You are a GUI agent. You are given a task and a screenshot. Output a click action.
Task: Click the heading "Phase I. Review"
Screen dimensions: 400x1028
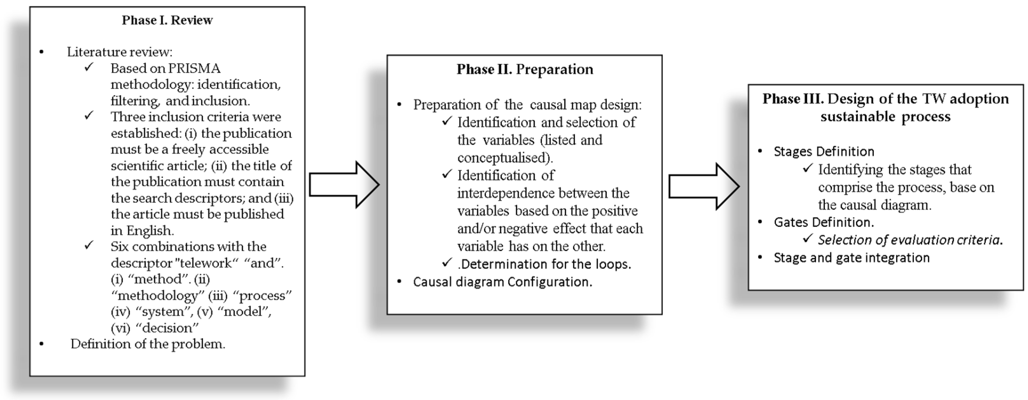coord(167,20)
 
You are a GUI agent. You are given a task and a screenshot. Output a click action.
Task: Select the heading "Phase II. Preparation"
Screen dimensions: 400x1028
coord(525,69)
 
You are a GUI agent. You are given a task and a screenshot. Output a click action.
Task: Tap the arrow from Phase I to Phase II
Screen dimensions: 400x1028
coord(344,184)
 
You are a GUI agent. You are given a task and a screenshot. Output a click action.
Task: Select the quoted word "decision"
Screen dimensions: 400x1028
coord(167,328)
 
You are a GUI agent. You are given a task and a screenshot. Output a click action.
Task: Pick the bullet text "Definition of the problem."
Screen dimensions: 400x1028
coord(148,344)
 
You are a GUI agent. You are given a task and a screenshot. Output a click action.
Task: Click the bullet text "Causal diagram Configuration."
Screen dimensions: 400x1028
coord(503,282)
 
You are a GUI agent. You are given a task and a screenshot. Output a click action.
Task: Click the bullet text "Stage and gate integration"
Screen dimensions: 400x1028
coord(852,258)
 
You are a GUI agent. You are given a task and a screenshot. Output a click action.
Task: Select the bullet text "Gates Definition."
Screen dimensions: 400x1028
coord(824,222)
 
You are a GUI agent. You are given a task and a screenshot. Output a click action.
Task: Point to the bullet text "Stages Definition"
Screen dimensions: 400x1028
coord(824,151)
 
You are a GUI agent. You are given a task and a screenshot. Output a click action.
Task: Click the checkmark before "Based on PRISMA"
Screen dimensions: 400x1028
coord(89,67)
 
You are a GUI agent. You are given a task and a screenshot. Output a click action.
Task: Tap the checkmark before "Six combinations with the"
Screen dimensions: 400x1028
coord(89,245)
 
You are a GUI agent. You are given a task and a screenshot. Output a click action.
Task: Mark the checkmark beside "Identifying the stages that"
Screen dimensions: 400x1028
coord(807,169)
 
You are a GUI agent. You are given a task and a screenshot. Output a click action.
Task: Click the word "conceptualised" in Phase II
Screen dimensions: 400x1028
coord(504,158)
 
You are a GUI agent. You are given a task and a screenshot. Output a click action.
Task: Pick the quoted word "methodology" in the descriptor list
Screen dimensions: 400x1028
coord(158,295)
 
